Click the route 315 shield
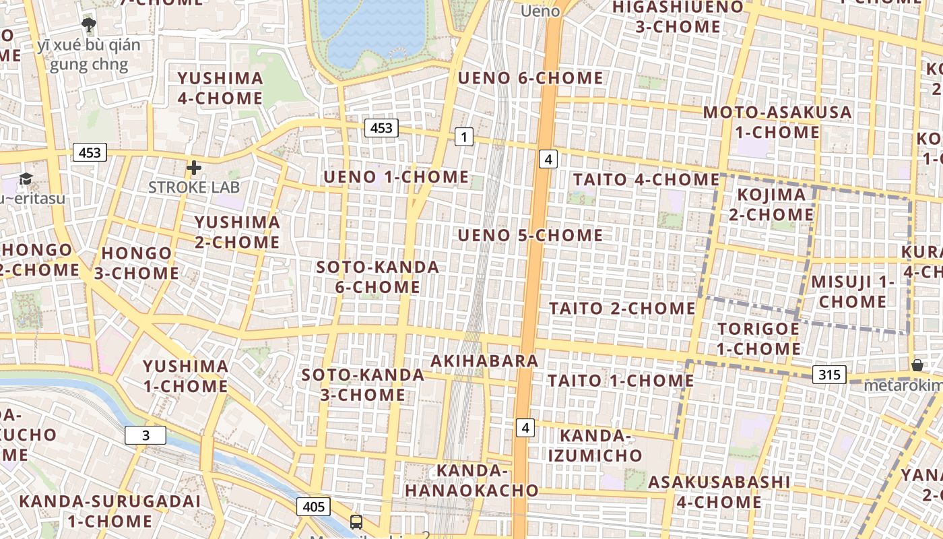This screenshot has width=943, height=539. click(x=828, y=375)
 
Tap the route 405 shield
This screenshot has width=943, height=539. click(x=313, y=507)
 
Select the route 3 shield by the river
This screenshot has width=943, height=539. click(x=145, y=435)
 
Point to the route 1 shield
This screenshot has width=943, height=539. click(x=463, y=137)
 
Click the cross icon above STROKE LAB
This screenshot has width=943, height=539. click(x=194, y=168)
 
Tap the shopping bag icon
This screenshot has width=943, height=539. click(x=917, y=365)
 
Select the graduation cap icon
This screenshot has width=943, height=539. click(x=26, y=179)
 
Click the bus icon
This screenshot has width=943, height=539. click(x=356, y=521)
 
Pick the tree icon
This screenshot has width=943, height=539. click(x=88, y=26)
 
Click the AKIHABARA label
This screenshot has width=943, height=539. click(x=484, y=361)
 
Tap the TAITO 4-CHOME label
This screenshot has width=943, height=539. click(x=646, y=180)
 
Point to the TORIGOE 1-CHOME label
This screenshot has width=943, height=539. click(x=758, y=339)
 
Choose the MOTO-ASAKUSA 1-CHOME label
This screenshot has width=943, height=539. click(x=777, y=122)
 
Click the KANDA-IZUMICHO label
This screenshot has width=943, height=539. click(x=595, y=445)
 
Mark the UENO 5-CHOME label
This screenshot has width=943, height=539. click(x=530, y=235)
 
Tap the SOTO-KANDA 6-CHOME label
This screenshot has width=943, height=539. click(x=377, y=277)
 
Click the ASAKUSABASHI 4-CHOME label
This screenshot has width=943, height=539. click(x=719, y=492)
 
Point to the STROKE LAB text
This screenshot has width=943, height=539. click(x=194, y=187)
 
